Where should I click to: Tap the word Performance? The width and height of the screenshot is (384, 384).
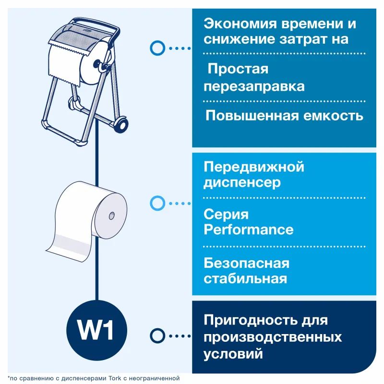(248, 229)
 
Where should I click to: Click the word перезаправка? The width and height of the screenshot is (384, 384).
(254, 86)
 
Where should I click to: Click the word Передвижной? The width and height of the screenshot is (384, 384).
(254, 167)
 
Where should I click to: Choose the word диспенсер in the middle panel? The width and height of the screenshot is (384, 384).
(242, 183)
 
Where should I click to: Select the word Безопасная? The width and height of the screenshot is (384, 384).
(246, 263)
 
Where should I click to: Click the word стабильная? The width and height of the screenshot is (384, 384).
(245, 278)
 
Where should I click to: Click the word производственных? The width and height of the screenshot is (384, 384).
(273, 337)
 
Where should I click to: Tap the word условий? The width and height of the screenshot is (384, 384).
(233, 354)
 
